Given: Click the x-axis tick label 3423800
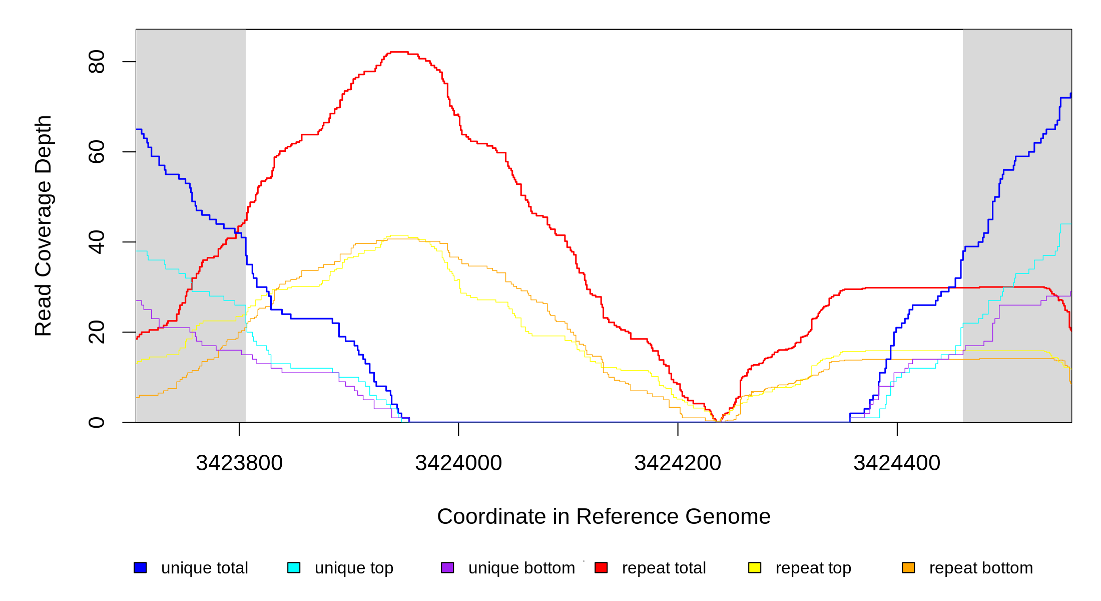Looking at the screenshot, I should pyautogui.click(x=239, y=463).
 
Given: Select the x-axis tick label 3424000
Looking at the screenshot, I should pyautogui.click(x=458, y=463).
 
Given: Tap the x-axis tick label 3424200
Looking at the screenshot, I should pyautogui.click(x=678, y=463).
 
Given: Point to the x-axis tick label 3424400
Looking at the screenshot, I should pyautogui.click(x=897, y=463).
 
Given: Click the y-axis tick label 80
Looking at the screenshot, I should pyautogui.click(x=96, y=62).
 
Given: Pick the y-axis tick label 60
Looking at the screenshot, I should pyautogui.click(x=96, y=152).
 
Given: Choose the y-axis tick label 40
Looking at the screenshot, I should pyautogui.click(x=96, y=242).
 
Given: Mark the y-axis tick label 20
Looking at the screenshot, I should pyautogui.click(x=96, y=332).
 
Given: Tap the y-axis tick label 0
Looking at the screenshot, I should pyautogui.click(x=96, y=422).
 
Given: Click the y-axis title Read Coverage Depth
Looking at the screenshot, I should pyautogui.click(x=43, y=225).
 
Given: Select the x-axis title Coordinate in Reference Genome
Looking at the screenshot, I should pyautogui.click(x=604, y=516).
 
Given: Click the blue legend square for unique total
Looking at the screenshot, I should pyautogui.click(x=140, y=567).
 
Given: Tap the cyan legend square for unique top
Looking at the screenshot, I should pyautogui.click(x=294, y=567).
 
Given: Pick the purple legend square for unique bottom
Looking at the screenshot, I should pyautogui.click(x=447, y=567).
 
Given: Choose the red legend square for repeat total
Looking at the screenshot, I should pyautogui.click(x=601, y=567).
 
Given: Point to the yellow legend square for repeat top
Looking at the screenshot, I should pyautogui.click(x=755, y=567).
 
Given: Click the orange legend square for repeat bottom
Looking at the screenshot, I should pyautogui.click(x=908, y=567).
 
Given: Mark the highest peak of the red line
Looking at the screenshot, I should pyautogui.click(x=399, y=52).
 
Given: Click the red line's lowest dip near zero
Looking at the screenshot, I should pyautogui.click(x=718, y=421).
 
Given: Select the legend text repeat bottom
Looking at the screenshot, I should pyautogui.click(x=981, y=568).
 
